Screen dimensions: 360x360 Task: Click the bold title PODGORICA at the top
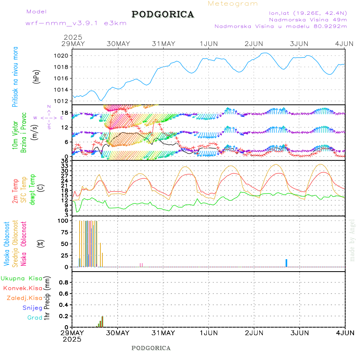(163, 14)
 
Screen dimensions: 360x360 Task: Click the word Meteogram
(233, 4)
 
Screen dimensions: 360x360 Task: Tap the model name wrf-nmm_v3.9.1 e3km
(76, 23)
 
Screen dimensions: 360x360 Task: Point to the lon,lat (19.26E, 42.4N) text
(308, 13)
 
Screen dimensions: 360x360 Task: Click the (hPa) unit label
(36, 76)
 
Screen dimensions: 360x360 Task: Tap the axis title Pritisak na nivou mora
(15, 77)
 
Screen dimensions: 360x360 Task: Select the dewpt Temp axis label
(32, 189)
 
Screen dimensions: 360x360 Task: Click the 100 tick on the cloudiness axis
(63, 220)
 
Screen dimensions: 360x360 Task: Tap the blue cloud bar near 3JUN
(286, 263)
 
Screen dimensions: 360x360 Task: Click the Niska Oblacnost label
(24, 243)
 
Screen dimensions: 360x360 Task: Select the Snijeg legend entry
(32, 308)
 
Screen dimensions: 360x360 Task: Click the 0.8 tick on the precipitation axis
(64, 282)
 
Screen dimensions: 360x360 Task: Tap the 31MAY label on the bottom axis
(163, 332)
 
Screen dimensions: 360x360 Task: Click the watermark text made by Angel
(352, 240)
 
